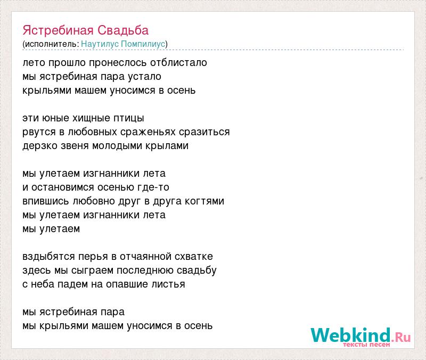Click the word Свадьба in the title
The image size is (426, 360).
123,30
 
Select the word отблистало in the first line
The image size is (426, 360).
178,62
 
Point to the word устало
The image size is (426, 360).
144,77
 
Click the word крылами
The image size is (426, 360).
167,146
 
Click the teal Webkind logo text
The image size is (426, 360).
351,335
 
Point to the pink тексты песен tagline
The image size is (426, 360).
366,345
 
